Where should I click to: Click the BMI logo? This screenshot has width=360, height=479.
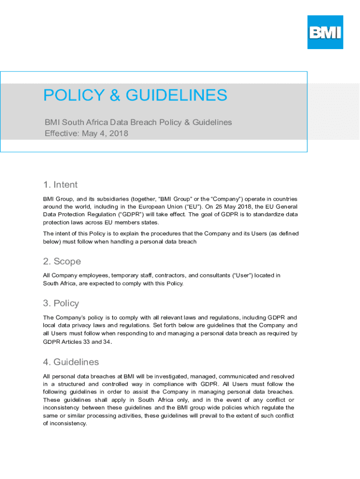[325, 32]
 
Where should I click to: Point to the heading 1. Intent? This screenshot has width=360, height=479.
[60, 185]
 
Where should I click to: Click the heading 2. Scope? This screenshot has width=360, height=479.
[62, 261]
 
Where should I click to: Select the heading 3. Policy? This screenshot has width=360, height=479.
[61, 303]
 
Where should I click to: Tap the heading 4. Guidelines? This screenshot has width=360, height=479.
[71, 362]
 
